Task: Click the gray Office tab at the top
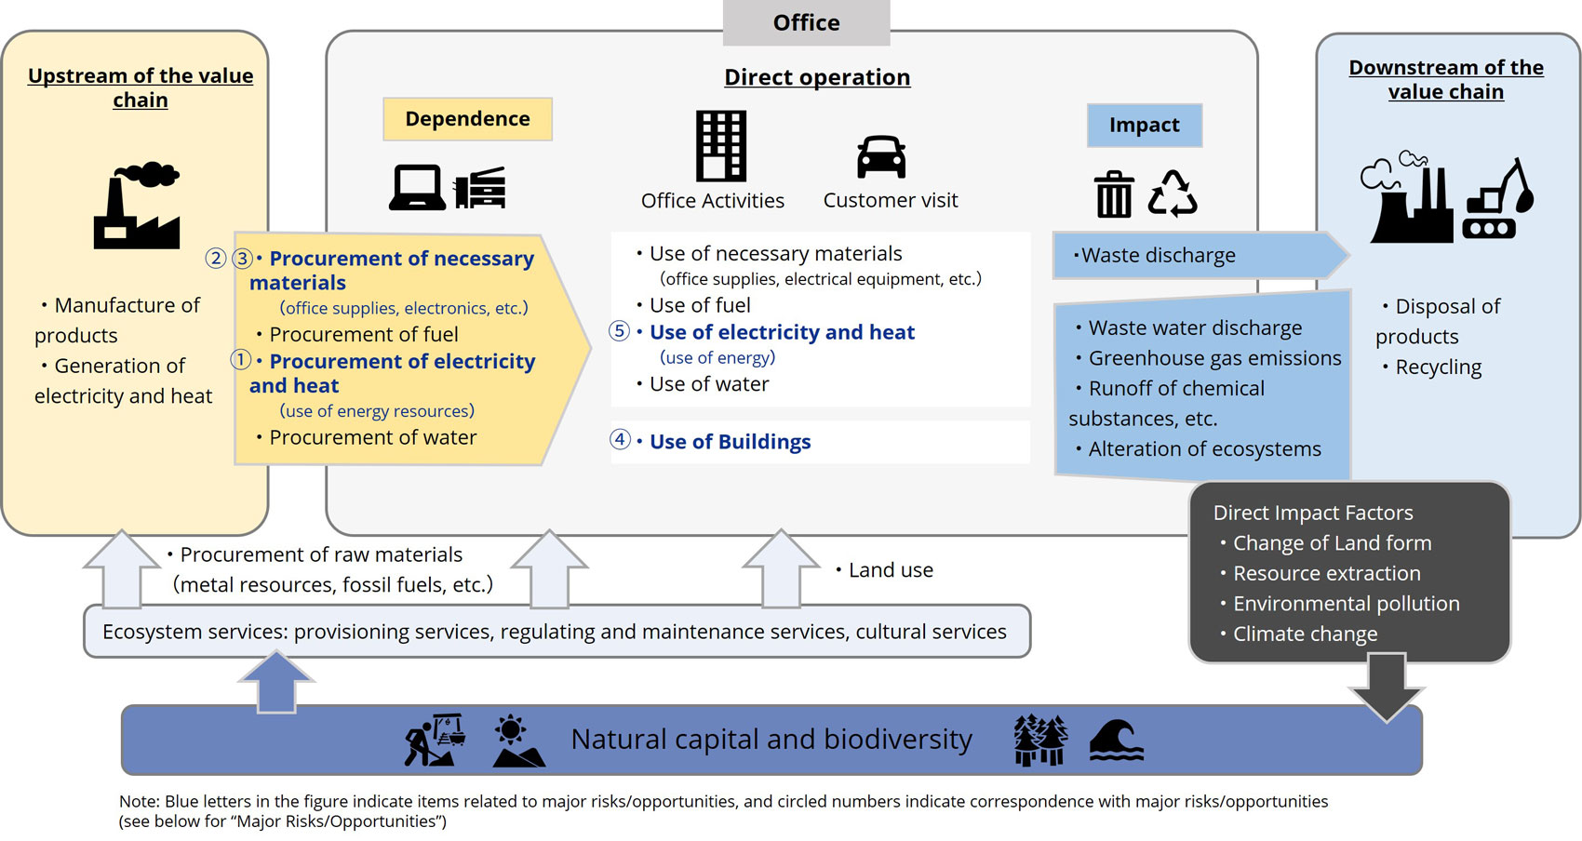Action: (x=806, y=22)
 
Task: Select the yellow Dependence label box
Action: (x=467, y=119)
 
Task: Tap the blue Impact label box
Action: (x=1144, y=126)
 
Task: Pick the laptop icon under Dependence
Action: (x=416, y=188)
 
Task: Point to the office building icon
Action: (x=721, y=146)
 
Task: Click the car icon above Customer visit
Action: (x=880, y=156)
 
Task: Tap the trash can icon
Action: (x=1114, y=194)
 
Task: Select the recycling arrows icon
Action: (x=1173, y=194)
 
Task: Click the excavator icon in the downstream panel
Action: (x=1498, y=202)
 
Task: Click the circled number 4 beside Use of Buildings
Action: (x=620, y=439)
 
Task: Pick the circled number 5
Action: (x=619, y=330)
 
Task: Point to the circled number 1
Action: (x=240, y=359)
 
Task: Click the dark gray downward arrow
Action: (x=1387, y=687)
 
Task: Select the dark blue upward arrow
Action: (x=276, y=682)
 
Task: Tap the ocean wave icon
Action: (x=1116, y=741)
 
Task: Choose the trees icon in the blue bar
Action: (x=1039, y=741)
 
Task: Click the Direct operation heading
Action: (x=817, y=77)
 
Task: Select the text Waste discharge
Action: (x=1158, y=256)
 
